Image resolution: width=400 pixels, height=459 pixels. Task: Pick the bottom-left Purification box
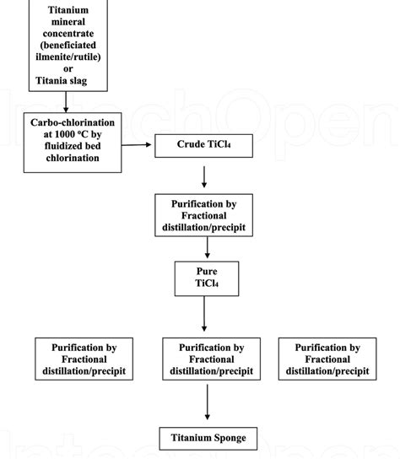coord(84,359)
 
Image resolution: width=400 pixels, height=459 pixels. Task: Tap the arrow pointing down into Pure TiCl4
coord(207,248)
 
